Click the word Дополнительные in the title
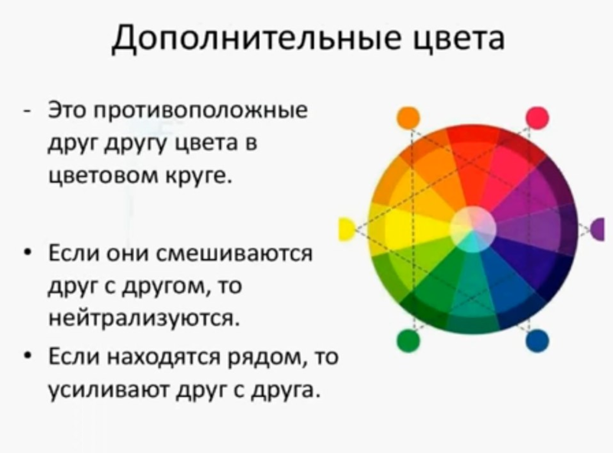(256, 38)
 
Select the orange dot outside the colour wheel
(408, 117)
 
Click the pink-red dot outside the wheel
(537, 117)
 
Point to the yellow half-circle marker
(346, 229)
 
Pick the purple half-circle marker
(598, 229)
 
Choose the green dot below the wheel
(408, 341)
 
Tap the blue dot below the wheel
(537, 341)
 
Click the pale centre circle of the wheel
(473, 229)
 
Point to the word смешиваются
(234, 254)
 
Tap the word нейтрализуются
(143, 318)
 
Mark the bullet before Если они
(27, 253)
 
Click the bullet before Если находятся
(27, 356)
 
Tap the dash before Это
(27, 111)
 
